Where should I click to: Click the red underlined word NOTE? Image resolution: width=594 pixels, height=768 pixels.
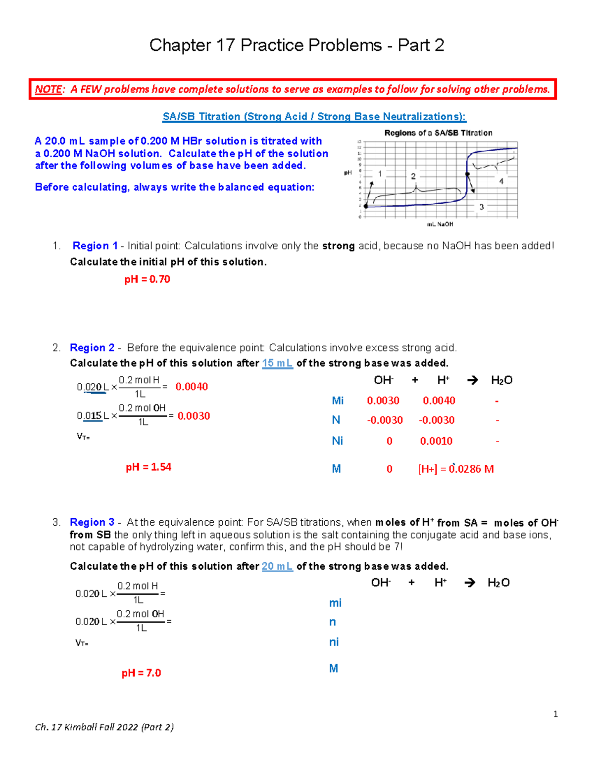[48, 90]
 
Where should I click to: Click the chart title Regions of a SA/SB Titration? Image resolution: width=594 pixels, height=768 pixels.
[438, 133]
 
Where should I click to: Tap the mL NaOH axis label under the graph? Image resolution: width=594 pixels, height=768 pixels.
[440, 225]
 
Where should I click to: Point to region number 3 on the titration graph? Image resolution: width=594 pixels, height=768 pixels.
[481, 207]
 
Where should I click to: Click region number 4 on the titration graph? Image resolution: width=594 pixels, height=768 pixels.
[501, 181]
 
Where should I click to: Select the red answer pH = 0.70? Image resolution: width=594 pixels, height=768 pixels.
[147, 279]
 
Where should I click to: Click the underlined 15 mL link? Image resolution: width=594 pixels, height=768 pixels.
[277, 363]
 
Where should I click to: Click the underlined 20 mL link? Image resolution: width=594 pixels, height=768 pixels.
[277, 566]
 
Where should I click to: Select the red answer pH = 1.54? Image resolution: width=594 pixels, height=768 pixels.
[148, 467]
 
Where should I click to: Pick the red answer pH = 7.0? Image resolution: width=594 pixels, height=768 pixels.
[141, 673]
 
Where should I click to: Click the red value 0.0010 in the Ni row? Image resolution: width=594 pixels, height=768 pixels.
[436, 441]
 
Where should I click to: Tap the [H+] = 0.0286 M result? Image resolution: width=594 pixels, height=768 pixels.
[456, 469]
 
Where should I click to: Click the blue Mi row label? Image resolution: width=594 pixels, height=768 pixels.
[338, 401]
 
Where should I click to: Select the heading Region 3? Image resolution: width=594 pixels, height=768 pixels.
[92, 522]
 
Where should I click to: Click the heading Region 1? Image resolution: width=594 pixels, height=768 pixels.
[95, 246]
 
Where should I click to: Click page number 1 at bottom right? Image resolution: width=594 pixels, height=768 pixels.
[555, 714]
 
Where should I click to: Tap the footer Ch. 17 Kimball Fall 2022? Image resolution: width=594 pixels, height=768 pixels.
[104, 727]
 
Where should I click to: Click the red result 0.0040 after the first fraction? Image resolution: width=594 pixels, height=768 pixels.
[192, 387]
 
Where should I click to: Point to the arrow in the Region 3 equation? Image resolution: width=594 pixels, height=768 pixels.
[470, 583]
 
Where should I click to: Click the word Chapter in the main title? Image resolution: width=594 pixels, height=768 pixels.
[180, 45]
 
